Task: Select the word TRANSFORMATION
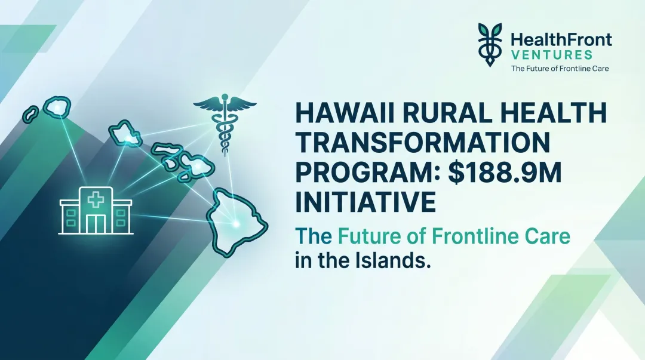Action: [x=422, y=143]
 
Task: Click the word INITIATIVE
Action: [x=366, y=201]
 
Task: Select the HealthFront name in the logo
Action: [x=561, y=41]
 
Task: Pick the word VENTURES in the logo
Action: [x=551, y=54]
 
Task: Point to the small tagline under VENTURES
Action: [x=560, y=69]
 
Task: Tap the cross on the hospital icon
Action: [x=96, y=199]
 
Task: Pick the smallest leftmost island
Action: [x=31, y=112]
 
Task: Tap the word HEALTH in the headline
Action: [x=549, y=114]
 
